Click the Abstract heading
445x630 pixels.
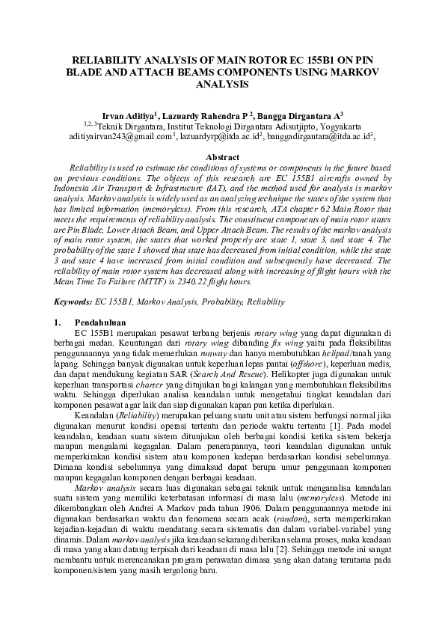tap(222, 158)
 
